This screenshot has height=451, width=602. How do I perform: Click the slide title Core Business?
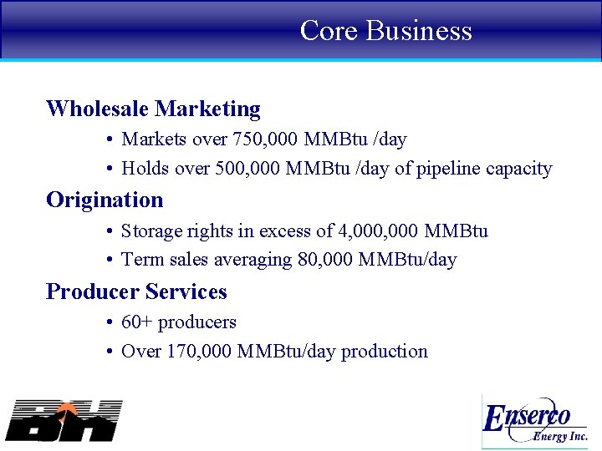[x=385, y=31]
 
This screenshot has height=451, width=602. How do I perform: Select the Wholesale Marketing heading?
[x=153, y=109]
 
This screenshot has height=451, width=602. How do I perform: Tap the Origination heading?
[x=105, y=200]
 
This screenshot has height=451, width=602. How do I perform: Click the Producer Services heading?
[x=136, y=291]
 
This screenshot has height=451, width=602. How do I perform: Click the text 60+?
[x=136, y=322]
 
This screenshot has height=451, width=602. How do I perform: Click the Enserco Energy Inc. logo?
[x=536, y=422]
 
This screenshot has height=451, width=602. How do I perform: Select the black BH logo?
[x=64, y=420]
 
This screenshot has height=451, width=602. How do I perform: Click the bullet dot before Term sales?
[x=110, y=261]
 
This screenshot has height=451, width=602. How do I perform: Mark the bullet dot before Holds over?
[x=110, y=170]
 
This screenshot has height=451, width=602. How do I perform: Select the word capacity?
[x=522, y=170]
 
